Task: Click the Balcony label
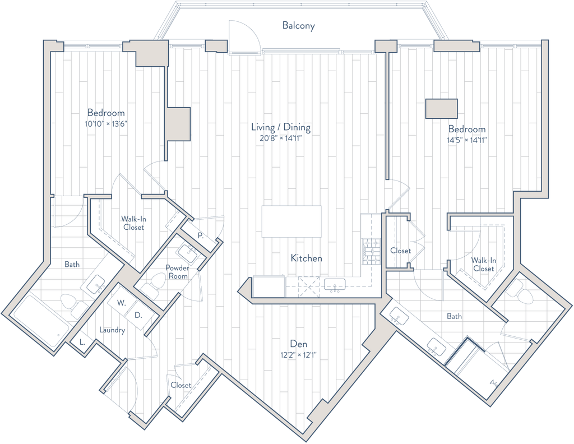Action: [x=299, y=25]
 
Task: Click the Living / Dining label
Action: [x=280, y=128]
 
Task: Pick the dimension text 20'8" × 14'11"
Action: [x=280, y=138]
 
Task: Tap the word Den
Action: [x=295, y=343]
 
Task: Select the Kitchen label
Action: [x=306, y=258]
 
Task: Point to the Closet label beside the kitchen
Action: [x=400, y=251]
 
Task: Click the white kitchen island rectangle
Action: [x=291, y=221]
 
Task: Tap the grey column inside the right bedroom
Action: [x=441, y=108]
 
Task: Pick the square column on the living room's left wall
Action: [x=179, y=123]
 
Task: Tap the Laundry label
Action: [x=112, y=331]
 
